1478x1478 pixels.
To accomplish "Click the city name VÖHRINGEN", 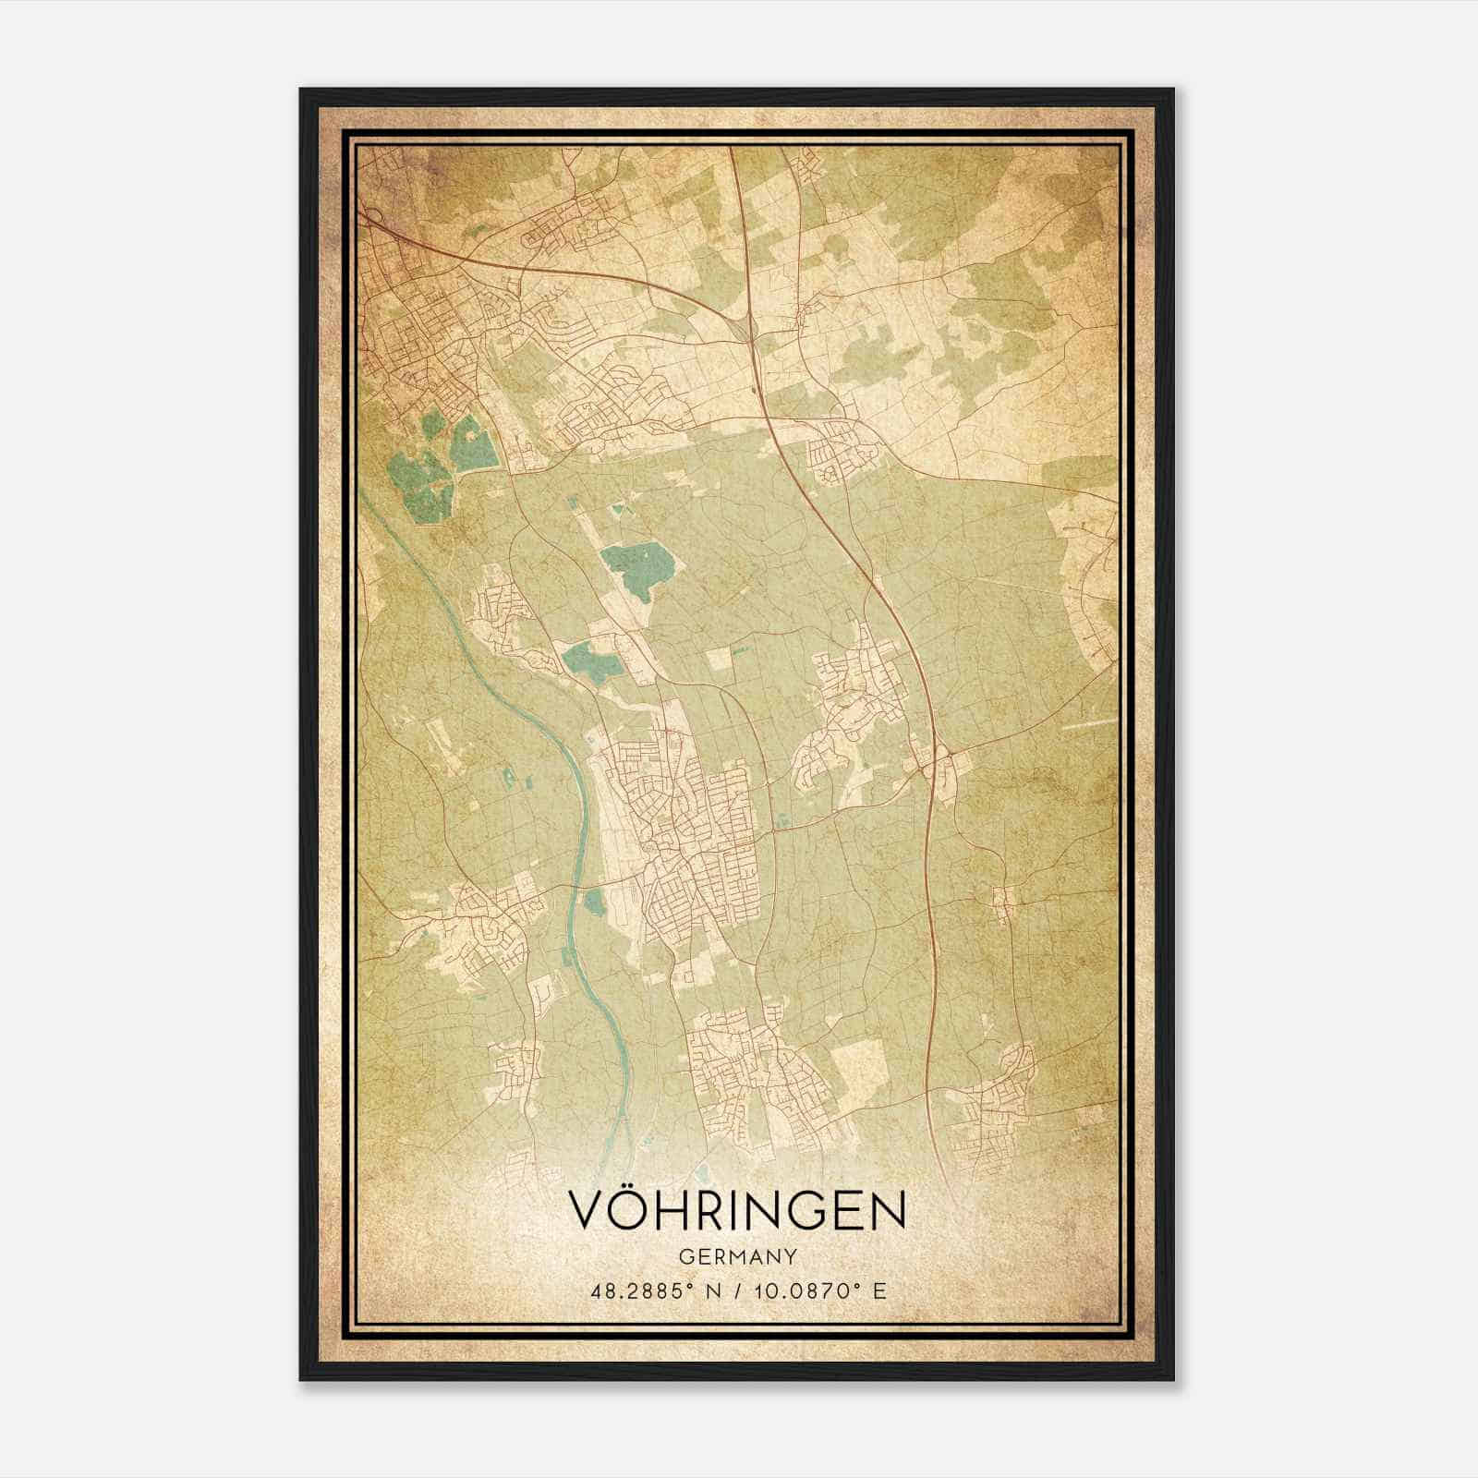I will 737,1210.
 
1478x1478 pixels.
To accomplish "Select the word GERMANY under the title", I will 737,1257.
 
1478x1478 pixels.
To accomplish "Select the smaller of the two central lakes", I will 588,661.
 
